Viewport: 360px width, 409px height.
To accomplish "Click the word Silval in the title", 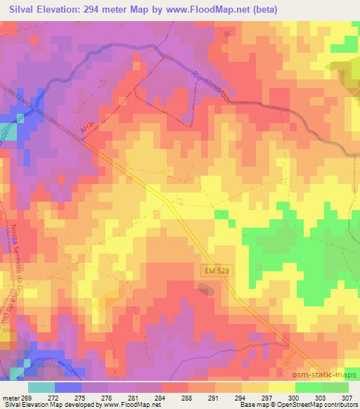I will pyautogui.click(x=21, y=9).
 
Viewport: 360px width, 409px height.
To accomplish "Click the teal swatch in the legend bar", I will pyautogui.click(x=41, y=387).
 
